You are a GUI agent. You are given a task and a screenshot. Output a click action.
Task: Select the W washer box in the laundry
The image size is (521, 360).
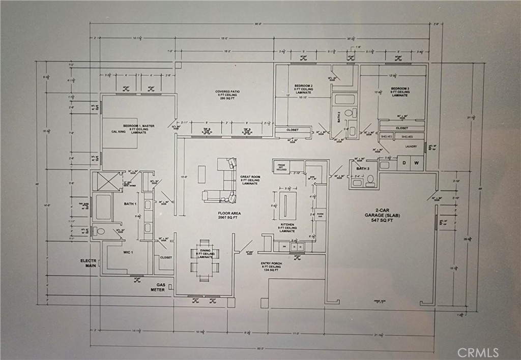coord(416,163)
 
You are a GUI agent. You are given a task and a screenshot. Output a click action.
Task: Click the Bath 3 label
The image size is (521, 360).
coord(362,168)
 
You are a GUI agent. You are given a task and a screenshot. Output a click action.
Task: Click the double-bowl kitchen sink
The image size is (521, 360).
coord(297,247)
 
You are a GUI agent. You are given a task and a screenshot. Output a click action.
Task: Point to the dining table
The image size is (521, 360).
coord(205,259)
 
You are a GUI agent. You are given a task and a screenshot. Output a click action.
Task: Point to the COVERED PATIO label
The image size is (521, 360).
coord(227,95)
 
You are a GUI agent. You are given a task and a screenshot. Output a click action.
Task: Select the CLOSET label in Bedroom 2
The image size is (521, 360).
coord(292,130)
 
